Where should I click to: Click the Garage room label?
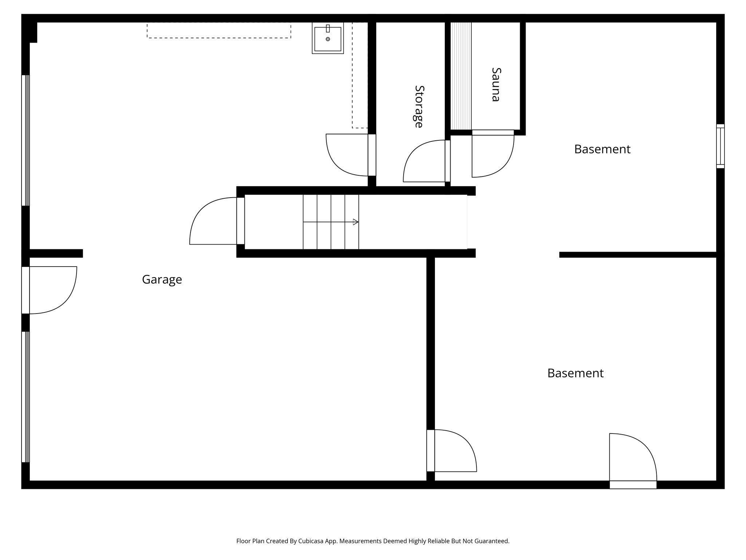(162, 280)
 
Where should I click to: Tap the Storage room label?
(419, 106)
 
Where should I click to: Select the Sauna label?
(496, 84)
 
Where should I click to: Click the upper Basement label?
(602, 149)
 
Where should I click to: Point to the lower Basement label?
(575, 373)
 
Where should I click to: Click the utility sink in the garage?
(328, 38)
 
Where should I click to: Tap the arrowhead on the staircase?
(356, 222)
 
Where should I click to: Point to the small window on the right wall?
(720, 146)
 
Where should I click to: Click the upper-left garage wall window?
(25, 140)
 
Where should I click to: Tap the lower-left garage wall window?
(25, 397)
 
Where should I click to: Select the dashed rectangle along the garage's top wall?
(219, 30)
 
